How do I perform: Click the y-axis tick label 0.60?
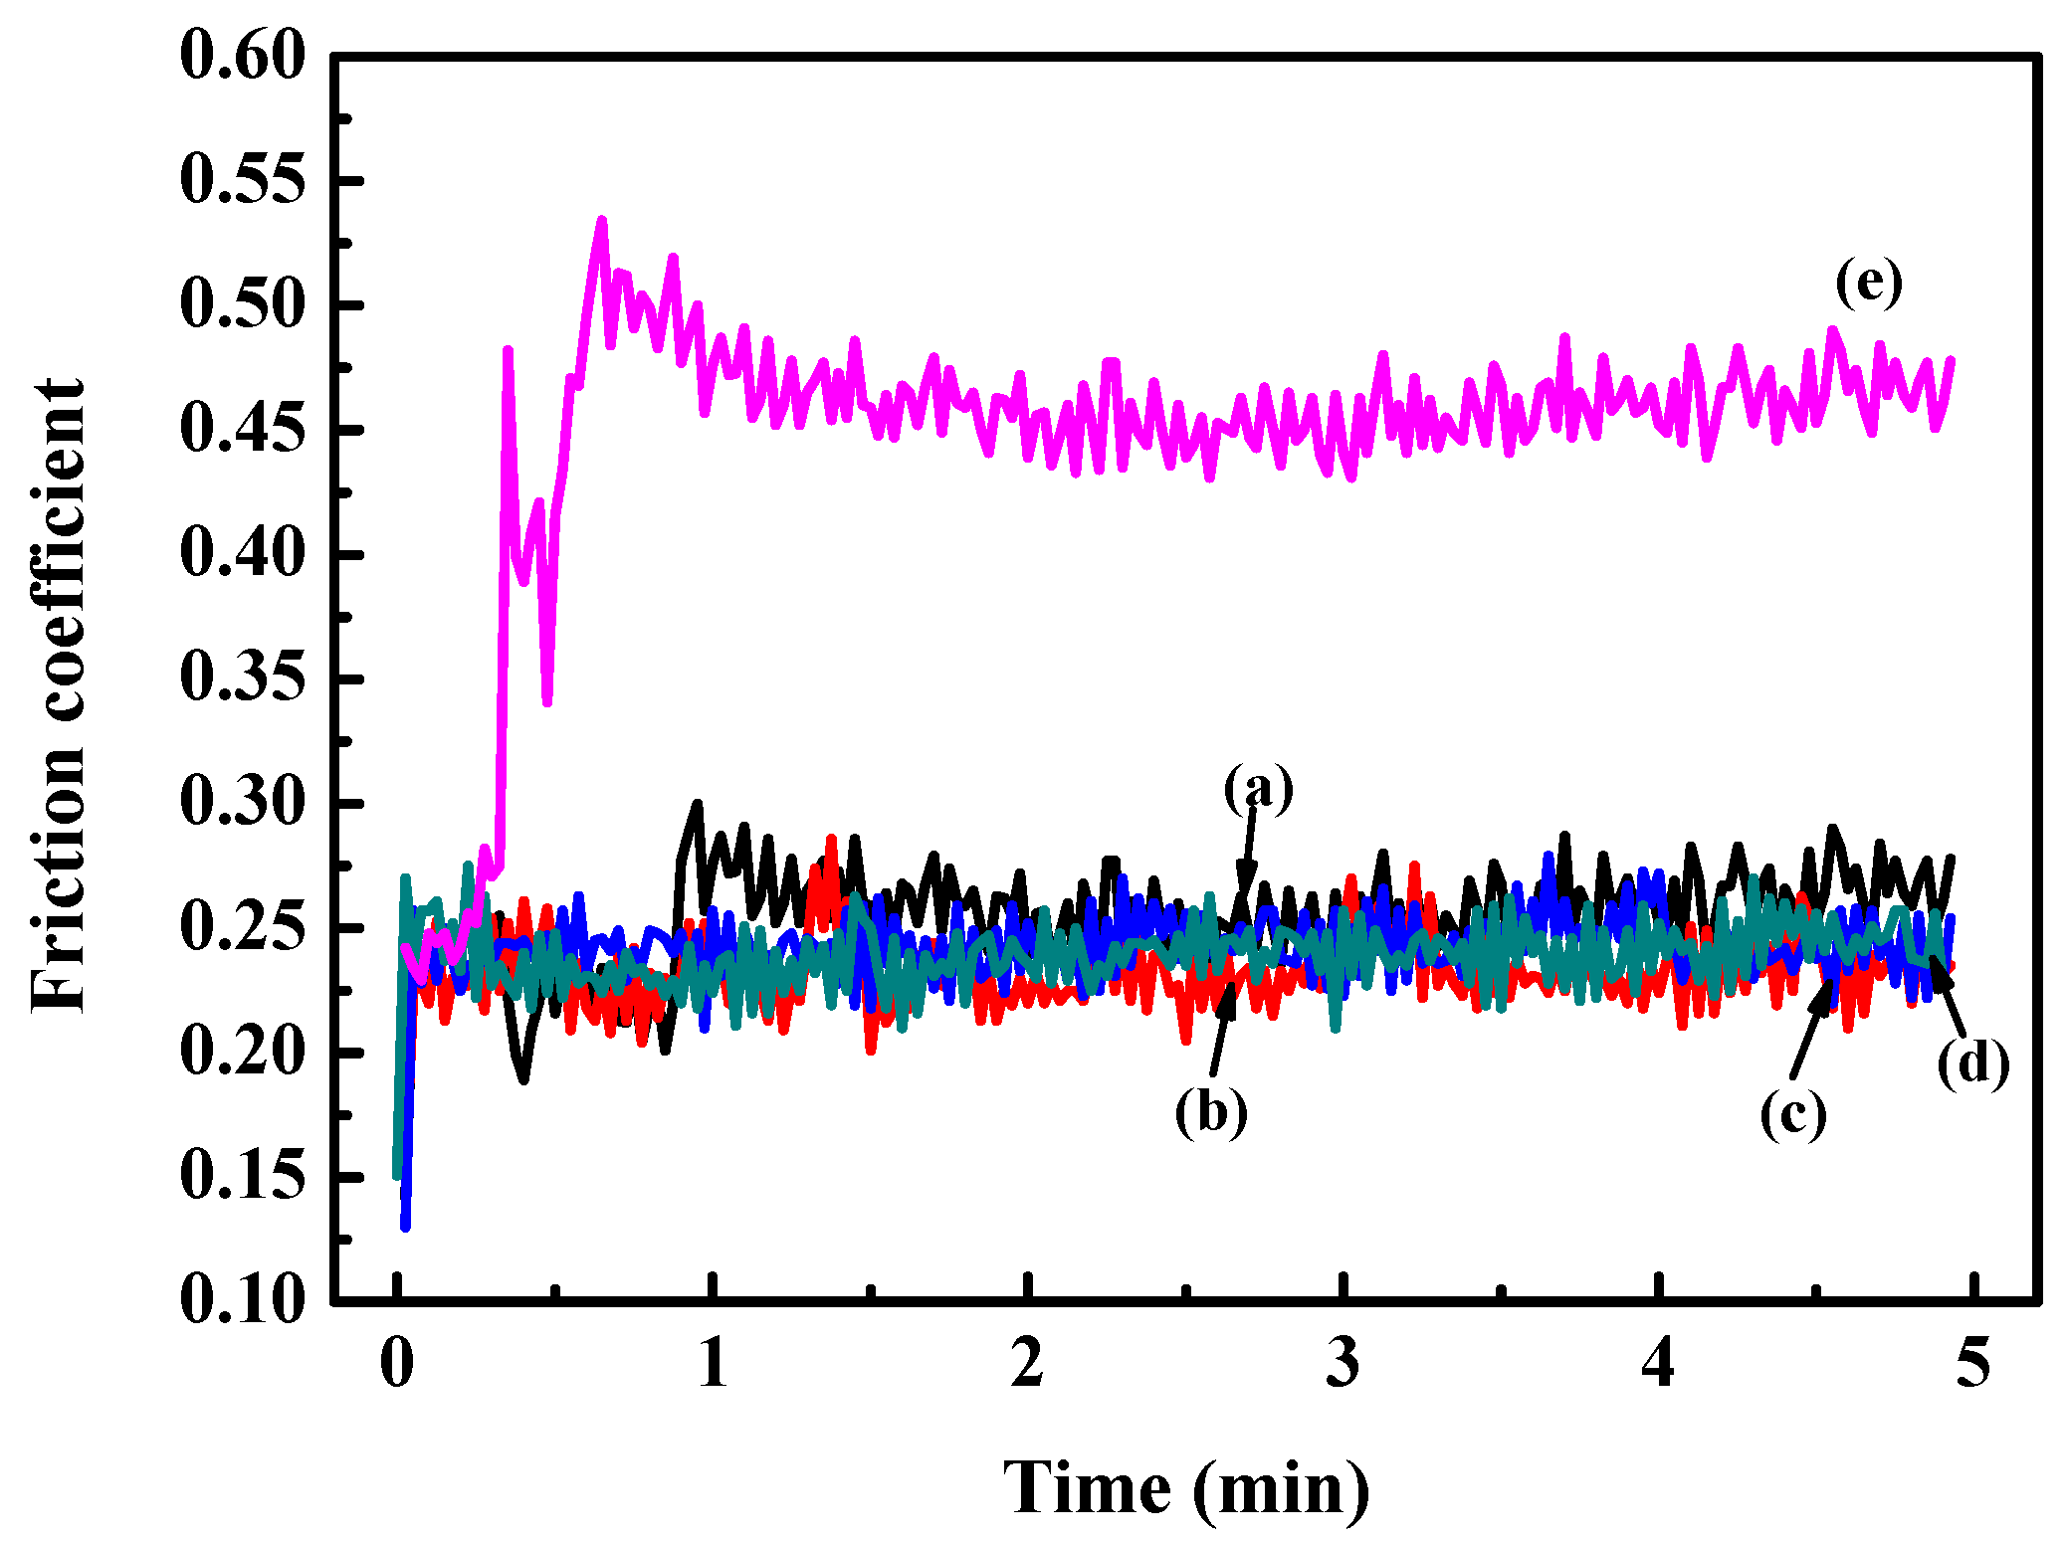tap(242, 57)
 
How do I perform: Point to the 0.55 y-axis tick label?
tap(242, 181)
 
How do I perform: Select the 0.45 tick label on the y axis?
tap(242, 430)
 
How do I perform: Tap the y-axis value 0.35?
tap(242, 678)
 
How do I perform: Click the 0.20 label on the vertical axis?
tap(242, 1052)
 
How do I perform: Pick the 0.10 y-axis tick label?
tap(242, 1299)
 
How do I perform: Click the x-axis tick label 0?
tap(397, 1364)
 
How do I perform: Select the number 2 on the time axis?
tap(1028, 1364)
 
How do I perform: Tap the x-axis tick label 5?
tap(1973, 1364)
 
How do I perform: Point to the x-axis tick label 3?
tap(1343, 1364)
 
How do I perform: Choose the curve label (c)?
tap(1793, 1113)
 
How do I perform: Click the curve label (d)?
tap(1972, 1063)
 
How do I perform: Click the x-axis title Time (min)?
tap(1185, 1489)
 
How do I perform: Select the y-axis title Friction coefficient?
tap(58, 695)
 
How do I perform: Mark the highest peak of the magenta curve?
tap(602, 221)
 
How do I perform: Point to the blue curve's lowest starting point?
tap(405, 1226)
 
